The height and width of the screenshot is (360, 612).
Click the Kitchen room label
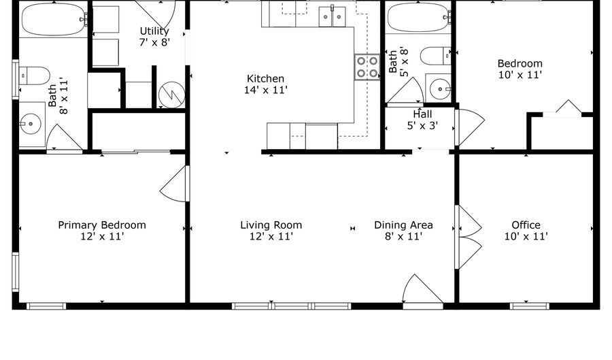pos(265,78)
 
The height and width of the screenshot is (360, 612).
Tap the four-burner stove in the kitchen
pos(367,67)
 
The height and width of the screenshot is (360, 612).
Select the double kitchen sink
pos(332,17)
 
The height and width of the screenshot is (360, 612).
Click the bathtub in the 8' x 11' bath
pos(54,19)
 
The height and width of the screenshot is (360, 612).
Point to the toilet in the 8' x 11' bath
pos(35,76)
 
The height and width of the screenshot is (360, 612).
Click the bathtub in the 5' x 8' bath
pos(418,18)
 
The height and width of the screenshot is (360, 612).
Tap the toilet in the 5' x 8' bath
pos(435,56)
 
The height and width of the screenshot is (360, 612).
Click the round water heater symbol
pos(171,95)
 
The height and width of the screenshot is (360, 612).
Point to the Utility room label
pos(154,31)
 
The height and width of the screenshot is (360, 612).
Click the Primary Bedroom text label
pos(102,225)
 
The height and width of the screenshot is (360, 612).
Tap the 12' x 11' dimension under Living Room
pos(271,236)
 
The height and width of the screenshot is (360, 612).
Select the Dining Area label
pos(403,225)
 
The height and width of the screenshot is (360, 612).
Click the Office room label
pos(526,225)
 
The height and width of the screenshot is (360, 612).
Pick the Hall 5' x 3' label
pos(422,120)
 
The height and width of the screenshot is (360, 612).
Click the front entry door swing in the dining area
pos(422,289)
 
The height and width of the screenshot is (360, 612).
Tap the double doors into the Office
pos(469,237)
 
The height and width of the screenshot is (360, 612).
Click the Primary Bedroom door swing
pos(175,184)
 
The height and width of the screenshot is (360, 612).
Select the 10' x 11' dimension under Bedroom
pos(520,75)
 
